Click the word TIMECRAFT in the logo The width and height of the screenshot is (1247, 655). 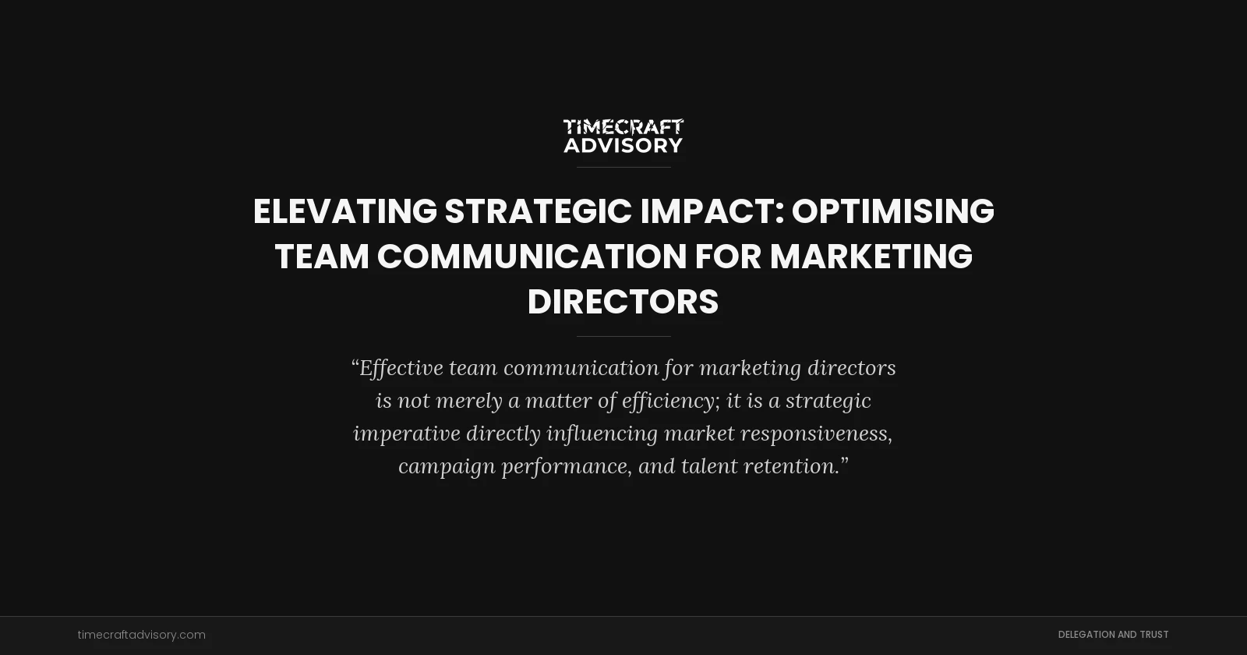click(623, 127)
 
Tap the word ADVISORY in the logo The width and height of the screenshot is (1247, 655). click(623, 146)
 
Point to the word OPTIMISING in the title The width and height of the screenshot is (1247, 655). click(892, 211)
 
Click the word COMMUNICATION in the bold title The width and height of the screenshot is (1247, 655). click(532, 257)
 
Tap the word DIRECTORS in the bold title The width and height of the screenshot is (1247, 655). click(623, 302)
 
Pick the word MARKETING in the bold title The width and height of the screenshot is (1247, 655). click(871, 257)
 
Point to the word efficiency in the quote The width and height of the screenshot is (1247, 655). click(669, 401)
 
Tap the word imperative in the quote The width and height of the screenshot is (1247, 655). click(406, 434)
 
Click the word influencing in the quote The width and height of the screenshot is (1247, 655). click(602, 434)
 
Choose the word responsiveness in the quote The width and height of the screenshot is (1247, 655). click(815, 434)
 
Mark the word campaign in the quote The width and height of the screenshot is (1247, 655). click(447, 466)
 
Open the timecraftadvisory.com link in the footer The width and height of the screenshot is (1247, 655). click(141, 635)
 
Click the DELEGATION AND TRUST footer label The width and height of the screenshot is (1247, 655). click(1113, 635)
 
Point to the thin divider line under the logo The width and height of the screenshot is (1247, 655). click(623, 167)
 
